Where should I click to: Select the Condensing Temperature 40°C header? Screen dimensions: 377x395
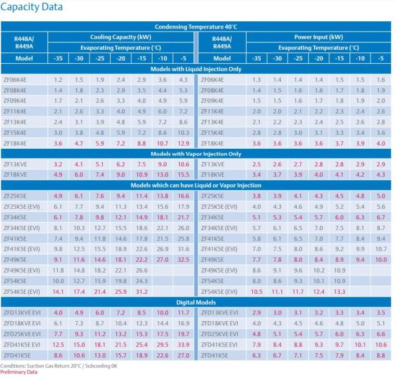(x=197, y=27)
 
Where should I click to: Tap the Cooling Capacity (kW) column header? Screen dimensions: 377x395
(x=121, y=37)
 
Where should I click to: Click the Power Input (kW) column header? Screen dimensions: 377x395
(x=318, y=37)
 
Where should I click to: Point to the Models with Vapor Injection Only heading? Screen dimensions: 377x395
(x=197, y=154)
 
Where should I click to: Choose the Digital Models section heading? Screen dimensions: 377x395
(x=197, y=302)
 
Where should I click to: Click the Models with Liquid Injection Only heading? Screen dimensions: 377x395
(x=197, y=69)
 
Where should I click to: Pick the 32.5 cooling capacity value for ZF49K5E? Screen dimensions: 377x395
(x=184, y=259)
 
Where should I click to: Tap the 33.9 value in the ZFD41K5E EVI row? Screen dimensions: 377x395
(x=184, y=344)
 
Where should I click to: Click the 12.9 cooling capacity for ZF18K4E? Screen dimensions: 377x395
(x=184, y=143)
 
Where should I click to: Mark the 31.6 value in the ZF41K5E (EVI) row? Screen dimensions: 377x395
(x=184, y=249)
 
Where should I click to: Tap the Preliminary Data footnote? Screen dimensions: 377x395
(x=18, y=372)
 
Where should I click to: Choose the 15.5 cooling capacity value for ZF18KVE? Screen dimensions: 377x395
(x=184, y=175)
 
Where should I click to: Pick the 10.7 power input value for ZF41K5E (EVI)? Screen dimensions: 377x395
(x=381, y=249)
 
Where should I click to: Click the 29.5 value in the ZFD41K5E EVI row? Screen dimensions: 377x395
(x=162, y=344)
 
